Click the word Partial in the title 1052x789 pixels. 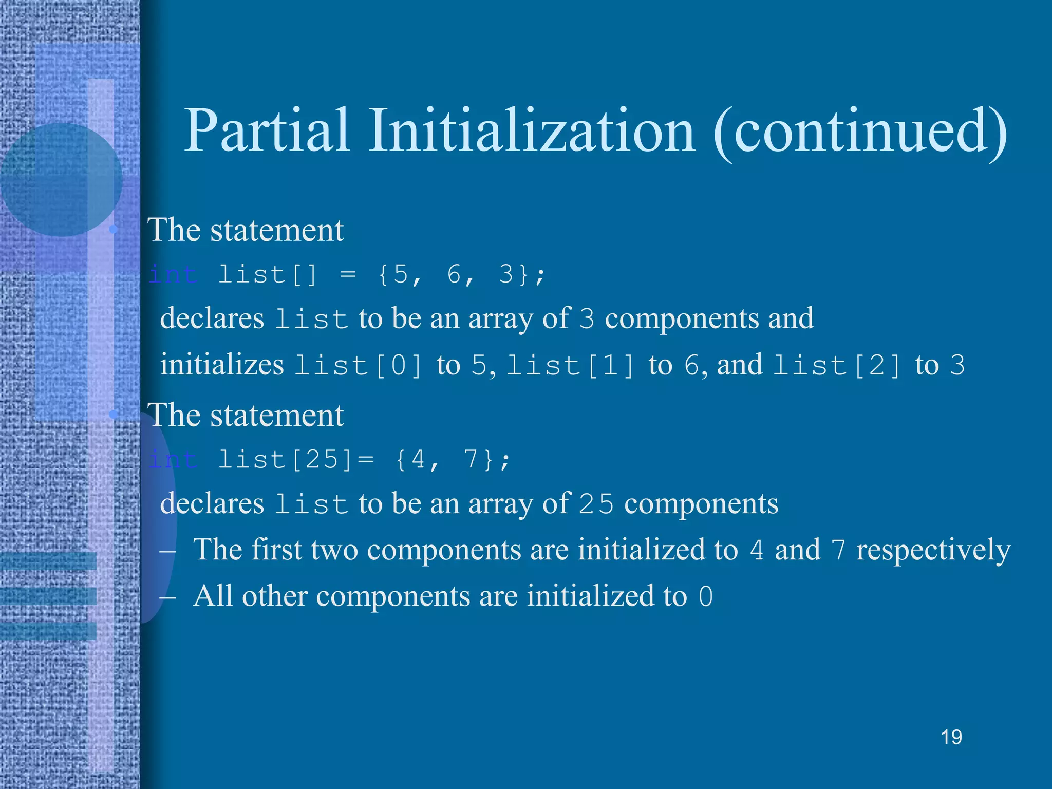pos(267,131)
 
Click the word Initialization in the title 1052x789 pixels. pos(532,131)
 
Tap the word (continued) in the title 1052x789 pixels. pos(860,133)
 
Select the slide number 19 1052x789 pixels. pos(951,738)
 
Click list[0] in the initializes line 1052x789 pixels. pos(358,366)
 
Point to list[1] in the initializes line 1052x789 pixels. pos(571,366)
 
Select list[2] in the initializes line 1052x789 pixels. pos(837,366)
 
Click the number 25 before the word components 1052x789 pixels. pos(596,504)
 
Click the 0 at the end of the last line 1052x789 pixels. pos(706,597)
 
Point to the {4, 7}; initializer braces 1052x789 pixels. pos(453,459)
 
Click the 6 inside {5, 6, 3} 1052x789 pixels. pos(454,274)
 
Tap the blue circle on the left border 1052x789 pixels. pos(61,180)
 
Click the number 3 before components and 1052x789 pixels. pos(587,319)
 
